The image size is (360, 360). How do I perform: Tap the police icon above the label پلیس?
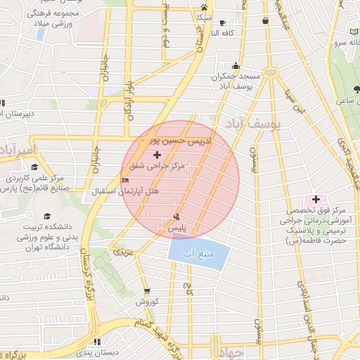(176, 217)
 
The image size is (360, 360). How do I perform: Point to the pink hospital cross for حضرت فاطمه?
(315, 199)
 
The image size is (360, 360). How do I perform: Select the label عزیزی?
(122, 250)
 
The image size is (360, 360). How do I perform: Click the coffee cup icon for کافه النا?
(222, 22)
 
